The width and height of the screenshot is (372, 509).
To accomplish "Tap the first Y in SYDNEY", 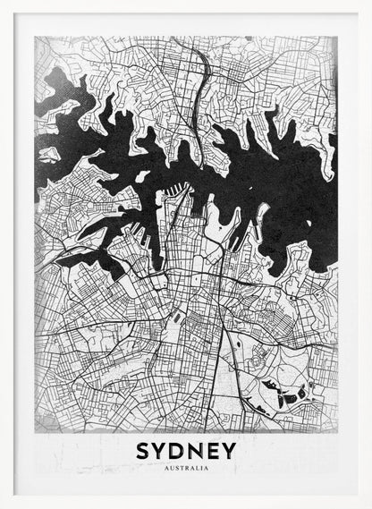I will point(160,450).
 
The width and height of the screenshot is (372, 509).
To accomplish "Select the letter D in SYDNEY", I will point(178,450).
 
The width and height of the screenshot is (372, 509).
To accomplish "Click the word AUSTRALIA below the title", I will point(186,468).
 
